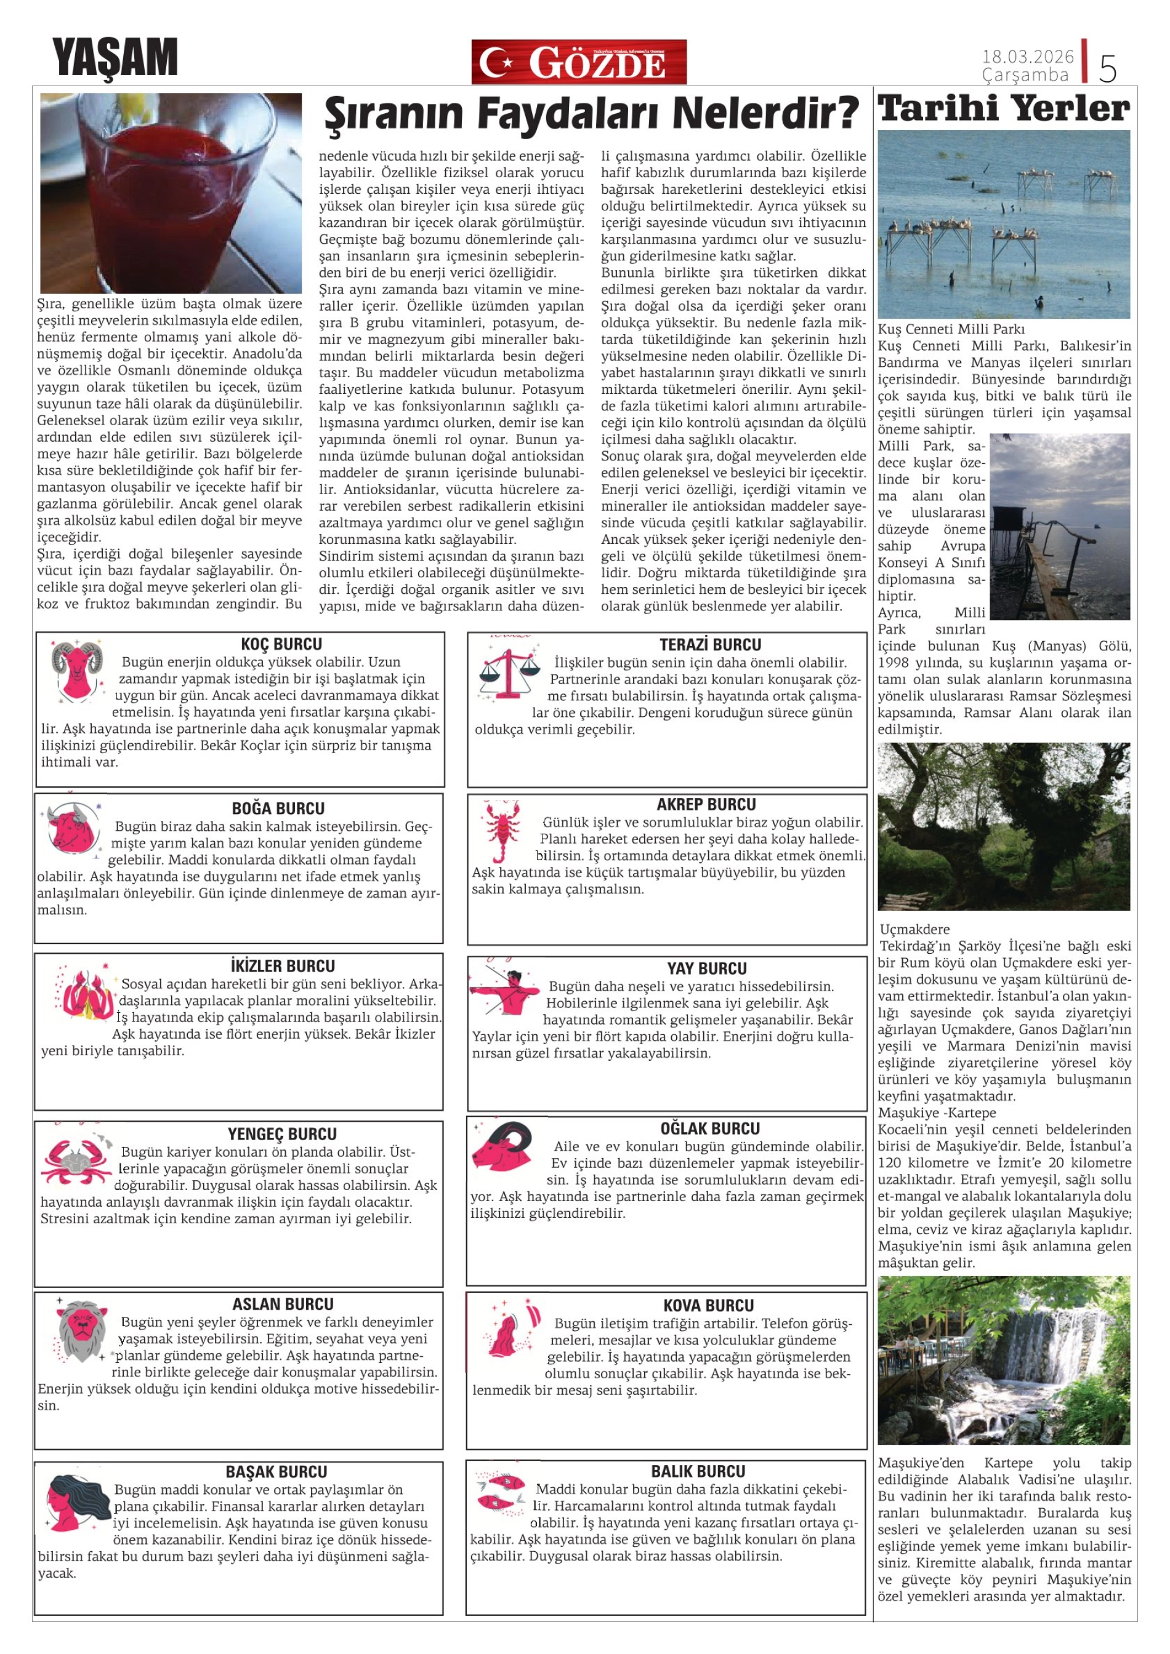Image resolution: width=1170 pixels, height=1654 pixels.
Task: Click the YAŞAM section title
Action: click(x=115, y=58)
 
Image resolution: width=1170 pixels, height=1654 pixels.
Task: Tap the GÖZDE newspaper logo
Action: click(x=579, y=62)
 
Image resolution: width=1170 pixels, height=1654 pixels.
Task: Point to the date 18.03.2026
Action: click(x=1027, y=56)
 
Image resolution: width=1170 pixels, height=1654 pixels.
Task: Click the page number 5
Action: click(x=1107, y=68)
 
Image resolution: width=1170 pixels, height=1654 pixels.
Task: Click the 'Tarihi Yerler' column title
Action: click(x=1004, y=109)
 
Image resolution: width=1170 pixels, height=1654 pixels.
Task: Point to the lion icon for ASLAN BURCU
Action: click(x=81, y=1330)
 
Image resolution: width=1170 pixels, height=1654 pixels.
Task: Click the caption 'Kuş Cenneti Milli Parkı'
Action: click(x=951, y=329)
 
